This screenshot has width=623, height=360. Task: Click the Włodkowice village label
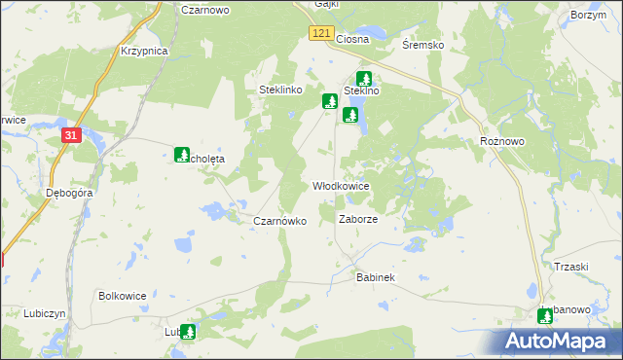click(x=341, y=185)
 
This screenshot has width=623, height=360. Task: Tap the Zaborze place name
click(x=357, y=219)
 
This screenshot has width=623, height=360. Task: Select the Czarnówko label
click(x=280, y=221)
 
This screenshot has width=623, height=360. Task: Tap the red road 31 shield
click(x=70, y=136)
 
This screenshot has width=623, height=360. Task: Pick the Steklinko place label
click(x=283, y=90)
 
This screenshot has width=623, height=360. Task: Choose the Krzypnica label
click(x=145, y=51)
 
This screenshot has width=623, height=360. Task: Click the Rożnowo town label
click(x=502, y=141)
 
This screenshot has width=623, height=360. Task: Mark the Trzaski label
click(x=571, y=267)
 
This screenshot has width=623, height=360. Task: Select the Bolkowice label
click(x=123, y=295)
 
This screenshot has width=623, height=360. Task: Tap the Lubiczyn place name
click(x=45, y=313)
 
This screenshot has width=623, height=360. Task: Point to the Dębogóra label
click(x=69, y=193)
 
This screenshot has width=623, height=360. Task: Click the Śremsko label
click(x=423, y=45)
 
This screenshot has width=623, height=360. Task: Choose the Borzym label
click(x=589, y=16)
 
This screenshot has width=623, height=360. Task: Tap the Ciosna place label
click(x=351, y=39)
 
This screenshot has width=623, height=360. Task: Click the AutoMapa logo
click(x=560, y=341)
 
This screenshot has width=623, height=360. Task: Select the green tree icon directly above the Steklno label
click(x=364, y=79)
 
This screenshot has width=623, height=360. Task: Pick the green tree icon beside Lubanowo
click(x=545, y=315)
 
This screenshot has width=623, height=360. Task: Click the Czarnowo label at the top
click(x=204, y=8)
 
